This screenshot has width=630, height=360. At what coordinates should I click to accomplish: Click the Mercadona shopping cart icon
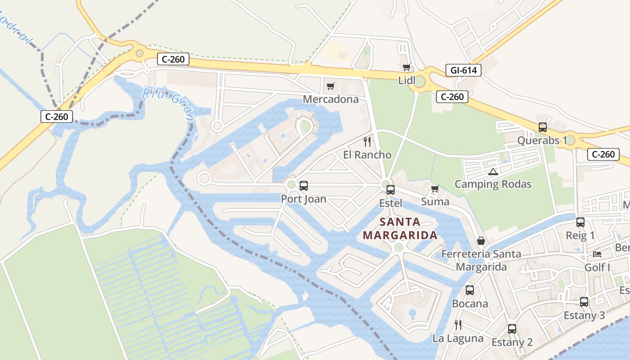point(331,86)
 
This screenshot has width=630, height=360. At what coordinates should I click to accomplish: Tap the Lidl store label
point(407,80)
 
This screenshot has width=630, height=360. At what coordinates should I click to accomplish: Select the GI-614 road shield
point(463,70)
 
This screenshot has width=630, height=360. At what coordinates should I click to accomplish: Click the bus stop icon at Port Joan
point(304,185)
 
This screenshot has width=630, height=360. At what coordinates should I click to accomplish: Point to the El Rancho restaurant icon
point(367,142)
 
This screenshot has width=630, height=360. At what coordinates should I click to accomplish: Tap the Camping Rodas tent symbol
point(493,171)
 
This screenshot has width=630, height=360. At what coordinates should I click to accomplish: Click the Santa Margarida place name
point(400,229)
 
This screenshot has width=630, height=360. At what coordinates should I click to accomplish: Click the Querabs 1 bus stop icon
point(542,127)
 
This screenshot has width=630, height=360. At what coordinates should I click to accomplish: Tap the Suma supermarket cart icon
point(435,189)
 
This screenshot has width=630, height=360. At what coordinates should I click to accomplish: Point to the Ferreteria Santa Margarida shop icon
point(481,241)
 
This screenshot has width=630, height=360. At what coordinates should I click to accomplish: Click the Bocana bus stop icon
point(470,290)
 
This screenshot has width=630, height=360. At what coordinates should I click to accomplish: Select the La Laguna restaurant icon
point(458,324)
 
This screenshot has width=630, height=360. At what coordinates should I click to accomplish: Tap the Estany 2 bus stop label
point(512,342)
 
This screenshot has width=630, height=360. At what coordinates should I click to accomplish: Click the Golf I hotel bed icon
point(597,254)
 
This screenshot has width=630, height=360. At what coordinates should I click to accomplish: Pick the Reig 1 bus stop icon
point(580,222)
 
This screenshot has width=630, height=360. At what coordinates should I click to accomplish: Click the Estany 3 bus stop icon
point(584,302)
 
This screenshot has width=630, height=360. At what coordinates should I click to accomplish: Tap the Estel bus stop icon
point(391,190)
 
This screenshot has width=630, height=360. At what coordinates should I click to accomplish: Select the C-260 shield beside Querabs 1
point(603,154)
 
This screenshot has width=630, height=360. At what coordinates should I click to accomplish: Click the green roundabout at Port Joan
point(291,184)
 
